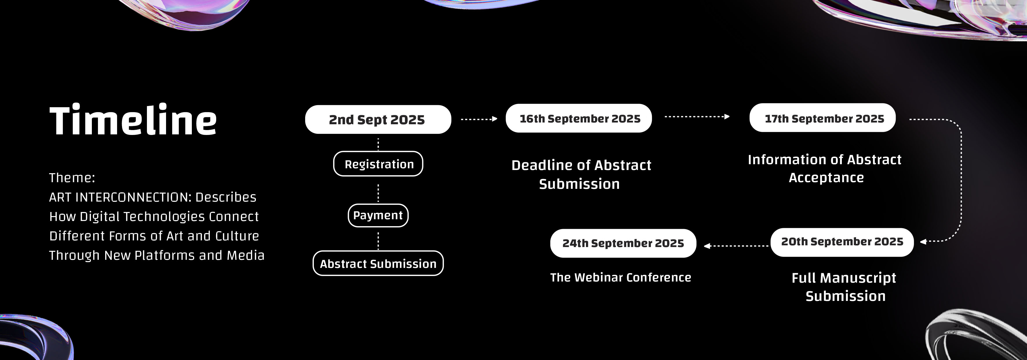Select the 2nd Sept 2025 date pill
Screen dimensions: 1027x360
click(378, 119)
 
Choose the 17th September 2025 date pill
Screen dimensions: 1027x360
click(822, 118)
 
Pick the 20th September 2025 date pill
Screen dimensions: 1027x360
click(842, 242)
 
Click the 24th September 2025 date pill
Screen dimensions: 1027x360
click(623, 243)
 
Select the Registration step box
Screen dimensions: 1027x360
click(378, 164)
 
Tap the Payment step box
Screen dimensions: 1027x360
click(378, 215)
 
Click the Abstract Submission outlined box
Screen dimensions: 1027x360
click(378, 263)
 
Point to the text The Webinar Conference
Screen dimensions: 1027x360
click(621, 277)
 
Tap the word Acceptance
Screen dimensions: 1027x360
click(826, 178)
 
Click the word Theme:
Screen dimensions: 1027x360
click(72, 178)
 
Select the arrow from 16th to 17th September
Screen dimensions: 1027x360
click(697, 116)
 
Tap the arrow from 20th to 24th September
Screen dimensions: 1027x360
click(736, 246)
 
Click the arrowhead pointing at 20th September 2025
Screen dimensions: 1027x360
click(923, 242)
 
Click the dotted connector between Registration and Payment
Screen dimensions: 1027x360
click(378, 193)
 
